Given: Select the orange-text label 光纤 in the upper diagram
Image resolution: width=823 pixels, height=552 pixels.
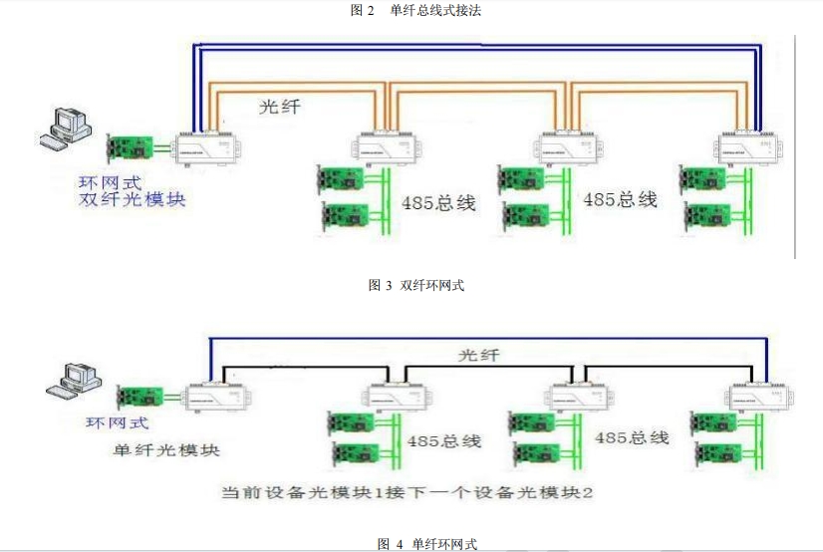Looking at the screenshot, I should coord(278,107).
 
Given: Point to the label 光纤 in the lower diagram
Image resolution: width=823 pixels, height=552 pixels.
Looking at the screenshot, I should coord(478,355).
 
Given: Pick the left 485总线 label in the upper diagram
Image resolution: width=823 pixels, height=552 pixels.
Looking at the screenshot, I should coord(438,203).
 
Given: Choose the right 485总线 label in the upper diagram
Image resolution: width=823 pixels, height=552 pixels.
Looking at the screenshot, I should coord(620,199).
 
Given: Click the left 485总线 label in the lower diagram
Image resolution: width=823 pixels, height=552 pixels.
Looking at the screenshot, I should coord(443,439).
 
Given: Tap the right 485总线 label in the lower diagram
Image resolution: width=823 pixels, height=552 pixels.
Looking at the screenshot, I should coord(632,437).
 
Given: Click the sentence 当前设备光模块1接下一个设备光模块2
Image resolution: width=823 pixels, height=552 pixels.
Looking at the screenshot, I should coord(409,493).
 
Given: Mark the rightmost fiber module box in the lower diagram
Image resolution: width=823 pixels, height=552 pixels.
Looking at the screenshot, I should coord(756,399).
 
